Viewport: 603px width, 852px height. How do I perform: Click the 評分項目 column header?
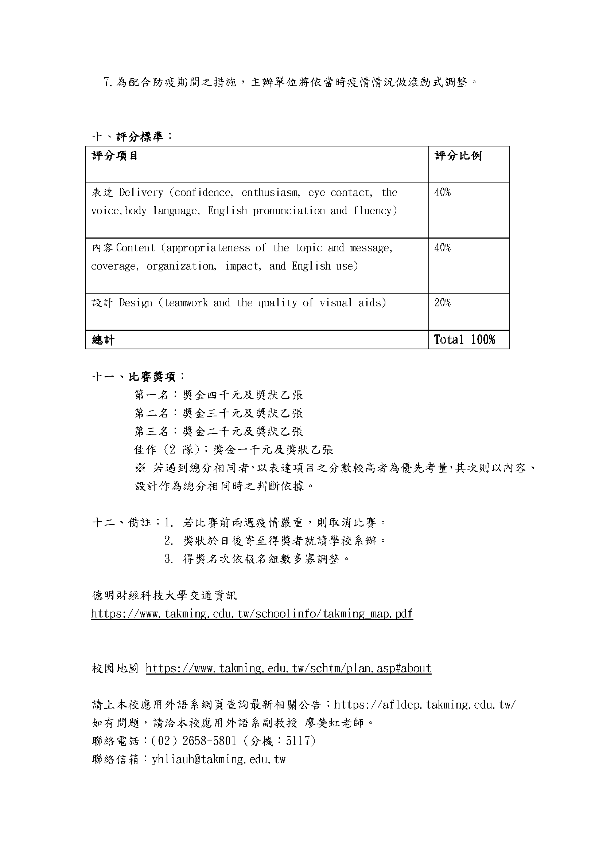(115, 156)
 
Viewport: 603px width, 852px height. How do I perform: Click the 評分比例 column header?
(458, 156)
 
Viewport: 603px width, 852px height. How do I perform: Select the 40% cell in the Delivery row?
(443, 193)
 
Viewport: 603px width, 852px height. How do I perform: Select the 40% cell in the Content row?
(443, 248)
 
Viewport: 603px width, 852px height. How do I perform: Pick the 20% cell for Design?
(443, 303)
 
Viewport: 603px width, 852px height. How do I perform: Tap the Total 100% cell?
(464, 339)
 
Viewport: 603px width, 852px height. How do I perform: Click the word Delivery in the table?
(141, 193)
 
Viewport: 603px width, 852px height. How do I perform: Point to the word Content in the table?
(136, 248)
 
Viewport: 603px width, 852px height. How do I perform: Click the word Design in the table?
(136, 303)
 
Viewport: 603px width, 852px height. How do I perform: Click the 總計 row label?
(103, 340)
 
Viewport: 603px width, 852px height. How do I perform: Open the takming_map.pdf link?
(252, 613)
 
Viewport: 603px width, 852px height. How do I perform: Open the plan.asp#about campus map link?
(288, 668)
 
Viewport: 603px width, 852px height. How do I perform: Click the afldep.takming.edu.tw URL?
(425, 705)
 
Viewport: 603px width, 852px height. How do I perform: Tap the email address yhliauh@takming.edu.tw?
(219, 759)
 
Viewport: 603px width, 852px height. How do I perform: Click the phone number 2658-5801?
(209, 741)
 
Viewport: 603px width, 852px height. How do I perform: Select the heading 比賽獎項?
(152, 377)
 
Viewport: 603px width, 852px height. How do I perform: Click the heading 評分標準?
(140, 137)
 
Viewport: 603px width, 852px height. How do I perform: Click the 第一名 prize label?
(152, 395)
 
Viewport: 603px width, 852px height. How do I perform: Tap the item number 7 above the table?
(107, 82)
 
